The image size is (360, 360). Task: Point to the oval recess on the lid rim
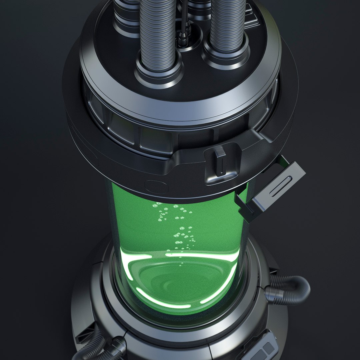(x=154, y=185)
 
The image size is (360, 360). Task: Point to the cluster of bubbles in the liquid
(x=177, y=227)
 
